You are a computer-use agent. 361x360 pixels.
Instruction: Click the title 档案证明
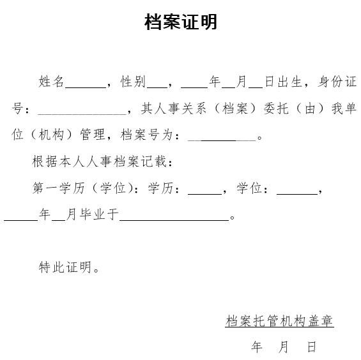[x=181, y=22]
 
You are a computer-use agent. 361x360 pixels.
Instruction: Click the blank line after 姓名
[x=86, y=87]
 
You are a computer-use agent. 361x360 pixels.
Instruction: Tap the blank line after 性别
[x=157, y=87]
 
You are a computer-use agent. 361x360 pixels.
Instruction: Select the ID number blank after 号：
[x=82, y=114]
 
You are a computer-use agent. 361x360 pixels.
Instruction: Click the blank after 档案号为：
[x=222, y=140]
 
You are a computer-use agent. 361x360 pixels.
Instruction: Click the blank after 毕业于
[x=174, y=220]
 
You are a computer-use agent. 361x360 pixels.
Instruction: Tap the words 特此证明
[x=65, y=267]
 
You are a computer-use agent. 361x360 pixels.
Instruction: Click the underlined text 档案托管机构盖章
[x=279, y=320]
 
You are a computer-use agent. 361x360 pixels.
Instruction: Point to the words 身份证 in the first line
[x=337, y=82]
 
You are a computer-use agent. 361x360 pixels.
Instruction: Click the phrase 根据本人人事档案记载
[x=99, y=161]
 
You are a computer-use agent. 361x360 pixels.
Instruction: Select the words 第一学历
[x=59, y=188]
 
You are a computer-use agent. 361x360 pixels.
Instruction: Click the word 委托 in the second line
[x=276, y=108]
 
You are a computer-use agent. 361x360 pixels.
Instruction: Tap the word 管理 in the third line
[x=93, y=135]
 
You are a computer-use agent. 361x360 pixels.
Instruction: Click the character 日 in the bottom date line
[x=312, y=347]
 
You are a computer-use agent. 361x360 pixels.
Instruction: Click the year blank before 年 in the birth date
[x=194, y=87]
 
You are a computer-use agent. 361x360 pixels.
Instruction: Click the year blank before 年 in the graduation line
[x=20, y=220]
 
